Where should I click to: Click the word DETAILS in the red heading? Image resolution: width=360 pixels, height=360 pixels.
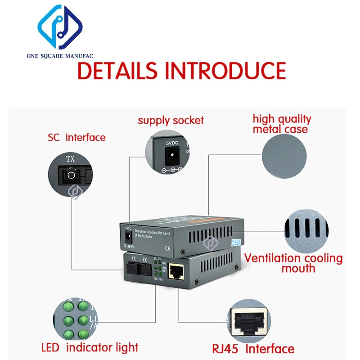116,71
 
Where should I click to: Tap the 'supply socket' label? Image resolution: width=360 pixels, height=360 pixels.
171,121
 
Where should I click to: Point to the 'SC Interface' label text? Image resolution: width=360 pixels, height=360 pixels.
76,138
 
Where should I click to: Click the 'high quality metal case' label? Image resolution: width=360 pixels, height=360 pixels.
282,124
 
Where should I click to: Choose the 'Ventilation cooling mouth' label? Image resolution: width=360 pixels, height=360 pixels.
293,263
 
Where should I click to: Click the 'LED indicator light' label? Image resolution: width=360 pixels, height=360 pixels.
90,347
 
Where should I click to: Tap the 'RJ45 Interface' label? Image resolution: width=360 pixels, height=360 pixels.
253,349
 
